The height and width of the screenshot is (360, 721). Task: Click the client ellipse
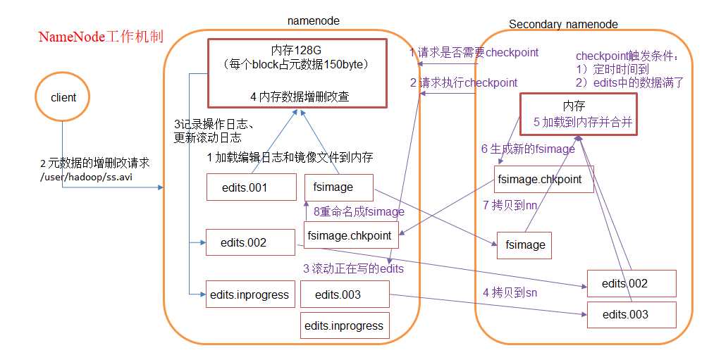click(63, 98)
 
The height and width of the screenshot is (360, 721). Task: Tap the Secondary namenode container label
click(563, 24)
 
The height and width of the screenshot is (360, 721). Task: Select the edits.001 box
click(244, 187)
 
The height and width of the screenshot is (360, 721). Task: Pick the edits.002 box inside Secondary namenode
click(624, 283)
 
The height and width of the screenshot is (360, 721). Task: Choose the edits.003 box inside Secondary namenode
click(625, 314)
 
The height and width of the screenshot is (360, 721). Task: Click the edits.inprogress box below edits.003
click(344, 325)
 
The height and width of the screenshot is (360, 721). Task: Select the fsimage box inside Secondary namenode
click(525, 244)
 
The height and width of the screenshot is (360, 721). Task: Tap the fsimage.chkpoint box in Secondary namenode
click(539, 179)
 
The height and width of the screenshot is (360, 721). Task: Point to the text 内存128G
click(296, 50)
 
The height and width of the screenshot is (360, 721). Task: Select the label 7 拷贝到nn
click(509, 205)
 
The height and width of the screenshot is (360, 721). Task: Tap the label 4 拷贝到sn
click(510, 292)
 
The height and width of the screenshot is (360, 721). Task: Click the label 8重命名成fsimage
click(359, 211)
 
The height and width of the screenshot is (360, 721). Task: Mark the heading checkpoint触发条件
click(627, 56)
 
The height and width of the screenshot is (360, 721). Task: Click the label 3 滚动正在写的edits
click(352, 268)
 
